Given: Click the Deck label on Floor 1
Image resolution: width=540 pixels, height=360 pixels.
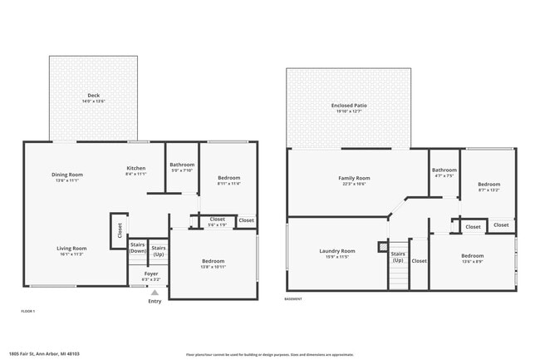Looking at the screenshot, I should [93, 98].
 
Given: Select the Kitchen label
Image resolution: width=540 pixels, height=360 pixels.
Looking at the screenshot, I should [135, 170].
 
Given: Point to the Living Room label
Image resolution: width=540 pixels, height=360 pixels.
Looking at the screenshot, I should [71, 250].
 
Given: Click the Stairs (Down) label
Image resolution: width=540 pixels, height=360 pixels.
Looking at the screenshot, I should [138, 248].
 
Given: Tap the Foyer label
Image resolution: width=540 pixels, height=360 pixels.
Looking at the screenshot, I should [151, 275].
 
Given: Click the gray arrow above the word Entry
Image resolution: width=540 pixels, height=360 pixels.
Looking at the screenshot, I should [155, 293].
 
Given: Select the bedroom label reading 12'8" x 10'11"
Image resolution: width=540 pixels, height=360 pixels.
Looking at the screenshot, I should [213, 264].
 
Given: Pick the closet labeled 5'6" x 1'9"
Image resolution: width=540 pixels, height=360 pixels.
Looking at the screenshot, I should [217, 221].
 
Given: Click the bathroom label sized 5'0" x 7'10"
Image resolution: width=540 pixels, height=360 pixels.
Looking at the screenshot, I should [181, 167].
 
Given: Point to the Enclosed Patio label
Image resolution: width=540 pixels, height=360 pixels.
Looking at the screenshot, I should [349, 108].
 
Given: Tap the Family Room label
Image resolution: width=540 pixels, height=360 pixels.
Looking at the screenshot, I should [354, 180].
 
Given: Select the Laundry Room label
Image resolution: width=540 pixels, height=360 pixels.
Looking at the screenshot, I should [337, 254].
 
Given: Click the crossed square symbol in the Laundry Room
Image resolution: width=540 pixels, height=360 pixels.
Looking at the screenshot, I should [382, 246].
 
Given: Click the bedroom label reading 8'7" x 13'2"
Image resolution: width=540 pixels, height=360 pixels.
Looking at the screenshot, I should [488, 186].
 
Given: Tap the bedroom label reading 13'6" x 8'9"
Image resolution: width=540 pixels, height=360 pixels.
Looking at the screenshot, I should [472, 258].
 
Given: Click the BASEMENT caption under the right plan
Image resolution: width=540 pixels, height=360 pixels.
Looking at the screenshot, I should [293, 299].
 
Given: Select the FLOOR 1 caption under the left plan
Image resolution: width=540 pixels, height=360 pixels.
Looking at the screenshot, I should [28, 311].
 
